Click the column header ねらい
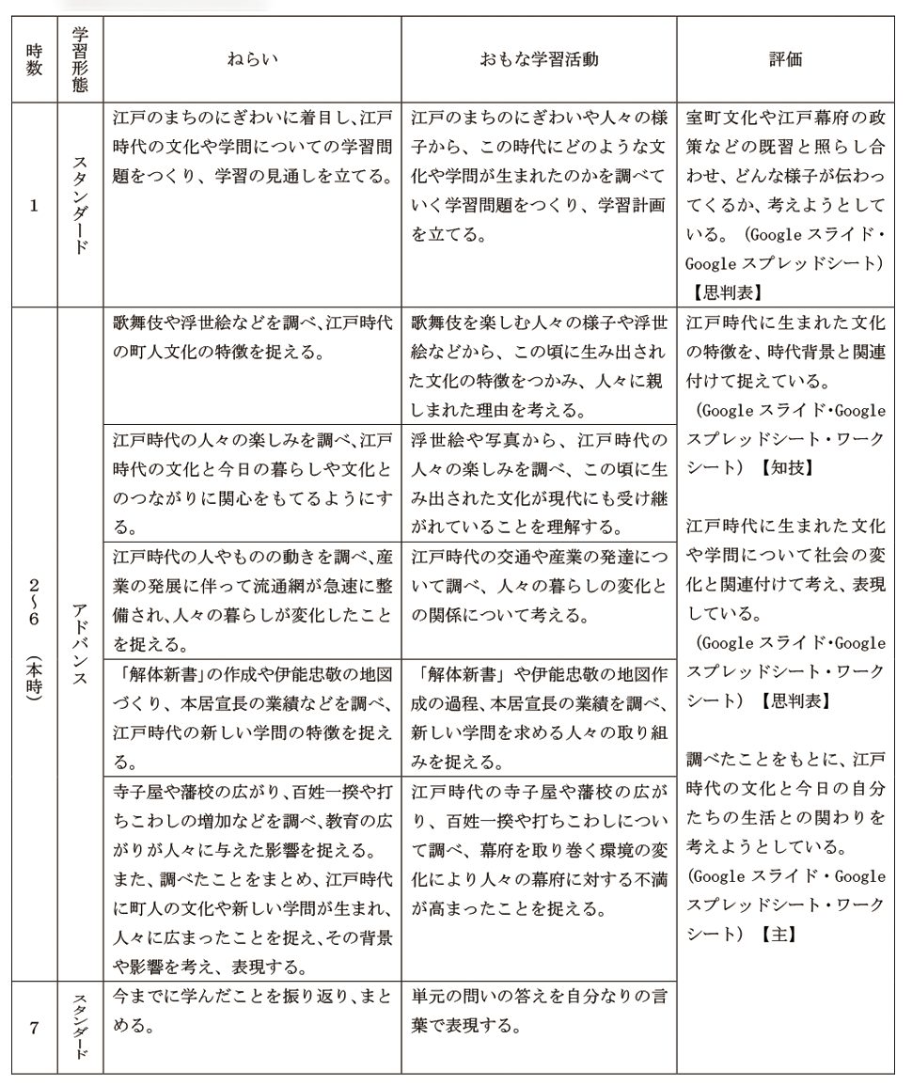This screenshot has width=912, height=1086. (252, 59)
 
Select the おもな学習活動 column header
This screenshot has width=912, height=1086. (539, 59)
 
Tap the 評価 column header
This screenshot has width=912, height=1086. (785, 59)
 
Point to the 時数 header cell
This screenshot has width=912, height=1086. (34, 59)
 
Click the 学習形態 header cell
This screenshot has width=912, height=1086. (80, 59)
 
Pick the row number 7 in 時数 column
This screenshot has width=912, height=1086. (34, 1028)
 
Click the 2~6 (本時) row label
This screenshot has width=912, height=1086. (34, 640)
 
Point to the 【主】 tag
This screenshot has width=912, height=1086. (779, 935)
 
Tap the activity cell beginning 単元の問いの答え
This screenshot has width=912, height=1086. (539, 1010)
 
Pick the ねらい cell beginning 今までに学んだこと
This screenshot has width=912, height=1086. (252, 1010)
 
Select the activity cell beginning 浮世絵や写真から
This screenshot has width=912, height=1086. (539, 483)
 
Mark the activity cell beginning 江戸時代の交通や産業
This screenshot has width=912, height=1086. (539, 587)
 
